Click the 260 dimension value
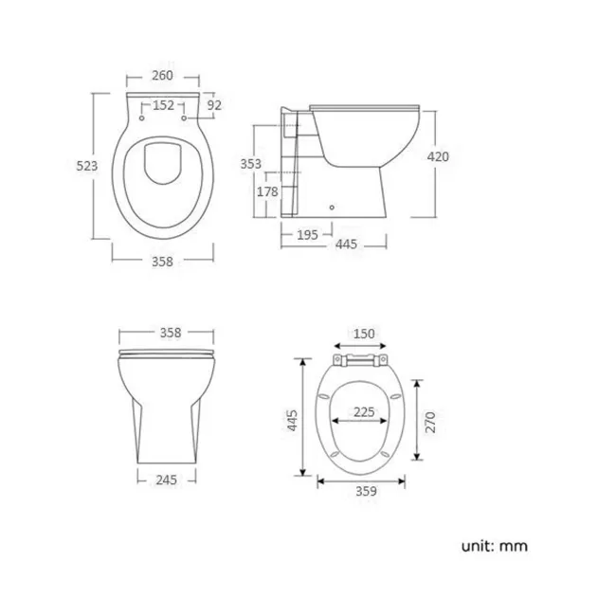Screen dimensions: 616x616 pos(163,76)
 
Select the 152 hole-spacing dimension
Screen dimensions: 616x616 pos(163,105)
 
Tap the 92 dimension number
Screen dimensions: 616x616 pos(213,105)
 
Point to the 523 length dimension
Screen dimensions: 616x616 pos(86,166)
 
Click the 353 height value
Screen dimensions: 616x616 pos(250,164)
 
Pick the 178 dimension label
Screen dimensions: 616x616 pos(267,191)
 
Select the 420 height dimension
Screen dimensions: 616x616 pos(438,157)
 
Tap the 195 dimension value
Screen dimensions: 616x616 pos(306,233)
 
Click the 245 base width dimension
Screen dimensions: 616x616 pos(168,480)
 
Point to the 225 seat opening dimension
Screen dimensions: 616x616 pos(364,412)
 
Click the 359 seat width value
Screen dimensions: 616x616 pos(365,491)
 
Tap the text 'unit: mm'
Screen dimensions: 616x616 pos(495,546)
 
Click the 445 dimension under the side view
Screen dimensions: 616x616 pos(346,245)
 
